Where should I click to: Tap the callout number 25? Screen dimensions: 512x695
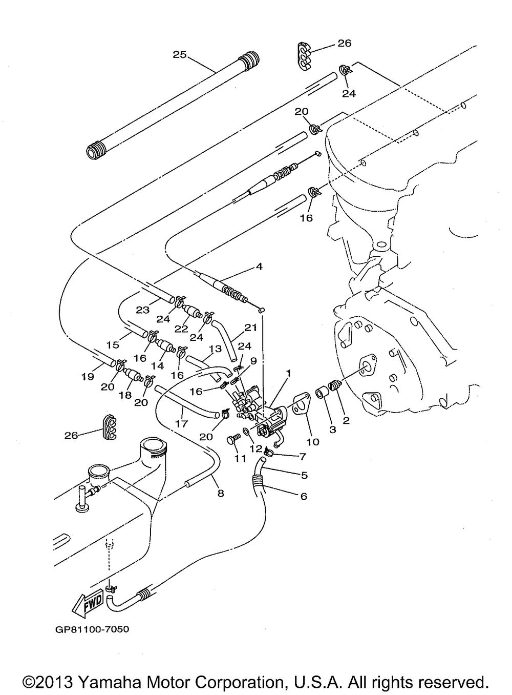click(x=179, y=55)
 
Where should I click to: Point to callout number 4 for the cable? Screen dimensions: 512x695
click(x=259, y=266)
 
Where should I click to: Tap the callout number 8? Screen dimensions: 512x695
click(x=221, y=494)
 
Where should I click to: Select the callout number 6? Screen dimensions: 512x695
click(x=304, y=496)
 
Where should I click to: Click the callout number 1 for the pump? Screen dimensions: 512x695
click(x=289, y=374)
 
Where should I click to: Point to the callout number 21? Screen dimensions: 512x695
click(x=251, y=328)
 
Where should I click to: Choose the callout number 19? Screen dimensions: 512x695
click(x=88, y=377)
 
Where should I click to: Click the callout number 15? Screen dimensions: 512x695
click(x=113, y=345)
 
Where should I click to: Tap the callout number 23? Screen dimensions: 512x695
click(x=142, y=310)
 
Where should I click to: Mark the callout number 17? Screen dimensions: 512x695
click(x=182, y=423)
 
